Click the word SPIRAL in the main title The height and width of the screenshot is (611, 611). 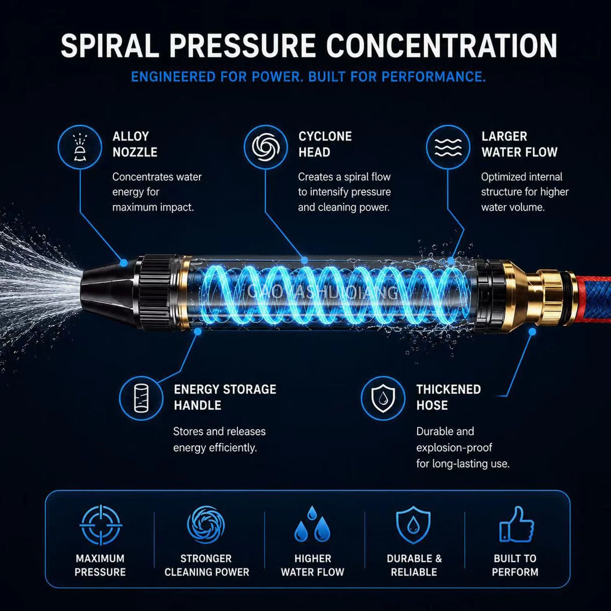pos(110,46)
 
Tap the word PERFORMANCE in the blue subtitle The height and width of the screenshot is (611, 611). pos(433,76)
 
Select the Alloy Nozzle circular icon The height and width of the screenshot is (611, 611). pos(80,147)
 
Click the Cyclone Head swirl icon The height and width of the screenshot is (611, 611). pos(266,147)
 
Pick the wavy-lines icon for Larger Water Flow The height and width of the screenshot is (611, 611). pos(448,147)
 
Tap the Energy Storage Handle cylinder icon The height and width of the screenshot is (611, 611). pos(141,398)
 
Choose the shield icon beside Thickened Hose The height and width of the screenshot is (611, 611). pos(383,398)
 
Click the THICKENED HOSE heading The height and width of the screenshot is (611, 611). pos(449,397)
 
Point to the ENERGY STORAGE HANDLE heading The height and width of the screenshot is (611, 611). pos(225,397)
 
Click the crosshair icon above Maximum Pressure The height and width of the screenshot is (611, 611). pos(101,524)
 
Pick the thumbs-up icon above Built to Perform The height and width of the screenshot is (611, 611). pos(517,524)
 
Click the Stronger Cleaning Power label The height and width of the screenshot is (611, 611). pos(207,565)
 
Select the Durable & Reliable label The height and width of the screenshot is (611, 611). pos(414,565)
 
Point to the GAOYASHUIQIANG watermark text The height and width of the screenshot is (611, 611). pos(322,292)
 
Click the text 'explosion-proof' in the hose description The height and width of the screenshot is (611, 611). pos(454,448)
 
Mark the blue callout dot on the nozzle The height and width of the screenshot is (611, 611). pos(124,263)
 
